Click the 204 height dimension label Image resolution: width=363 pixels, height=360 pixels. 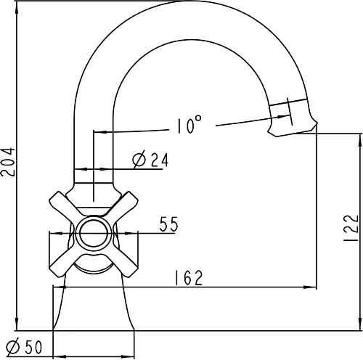coord(8,162)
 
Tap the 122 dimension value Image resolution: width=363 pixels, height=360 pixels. coord(351,227)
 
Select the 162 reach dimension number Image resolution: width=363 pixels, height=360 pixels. coord(188,278)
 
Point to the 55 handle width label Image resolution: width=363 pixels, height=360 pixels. coord(168,224)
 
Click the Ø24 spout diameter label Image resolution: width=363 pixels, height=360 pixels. coord(150,159)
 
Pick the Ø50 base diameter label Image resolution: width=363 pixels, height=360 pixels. coord(24,347)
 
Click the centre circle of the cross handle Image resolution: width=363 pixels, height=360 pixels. coord(94,234)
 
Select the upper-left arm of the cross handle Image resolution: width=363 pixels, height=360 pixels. coord(65,205)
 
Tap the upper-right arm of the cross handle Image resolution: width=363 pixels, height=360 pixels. coord(122,205)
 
